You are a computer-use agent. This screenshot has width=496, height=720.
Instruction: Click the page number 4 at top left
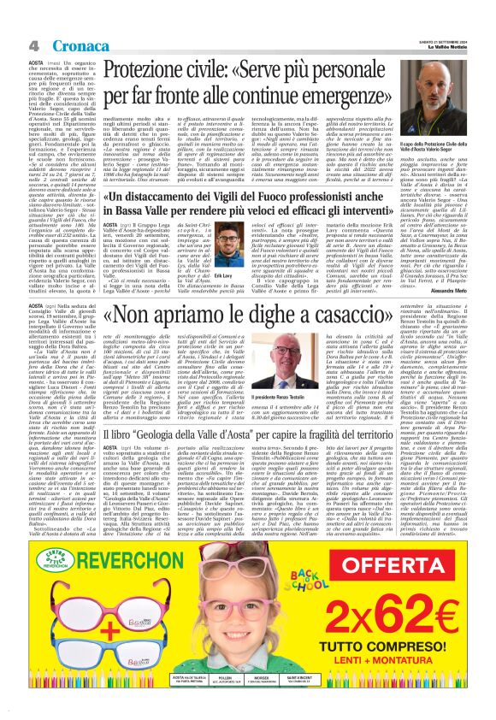tap(31, 44)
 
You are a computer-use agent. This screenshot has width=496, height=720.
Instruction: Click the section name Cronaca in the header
tap(59, 44)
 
